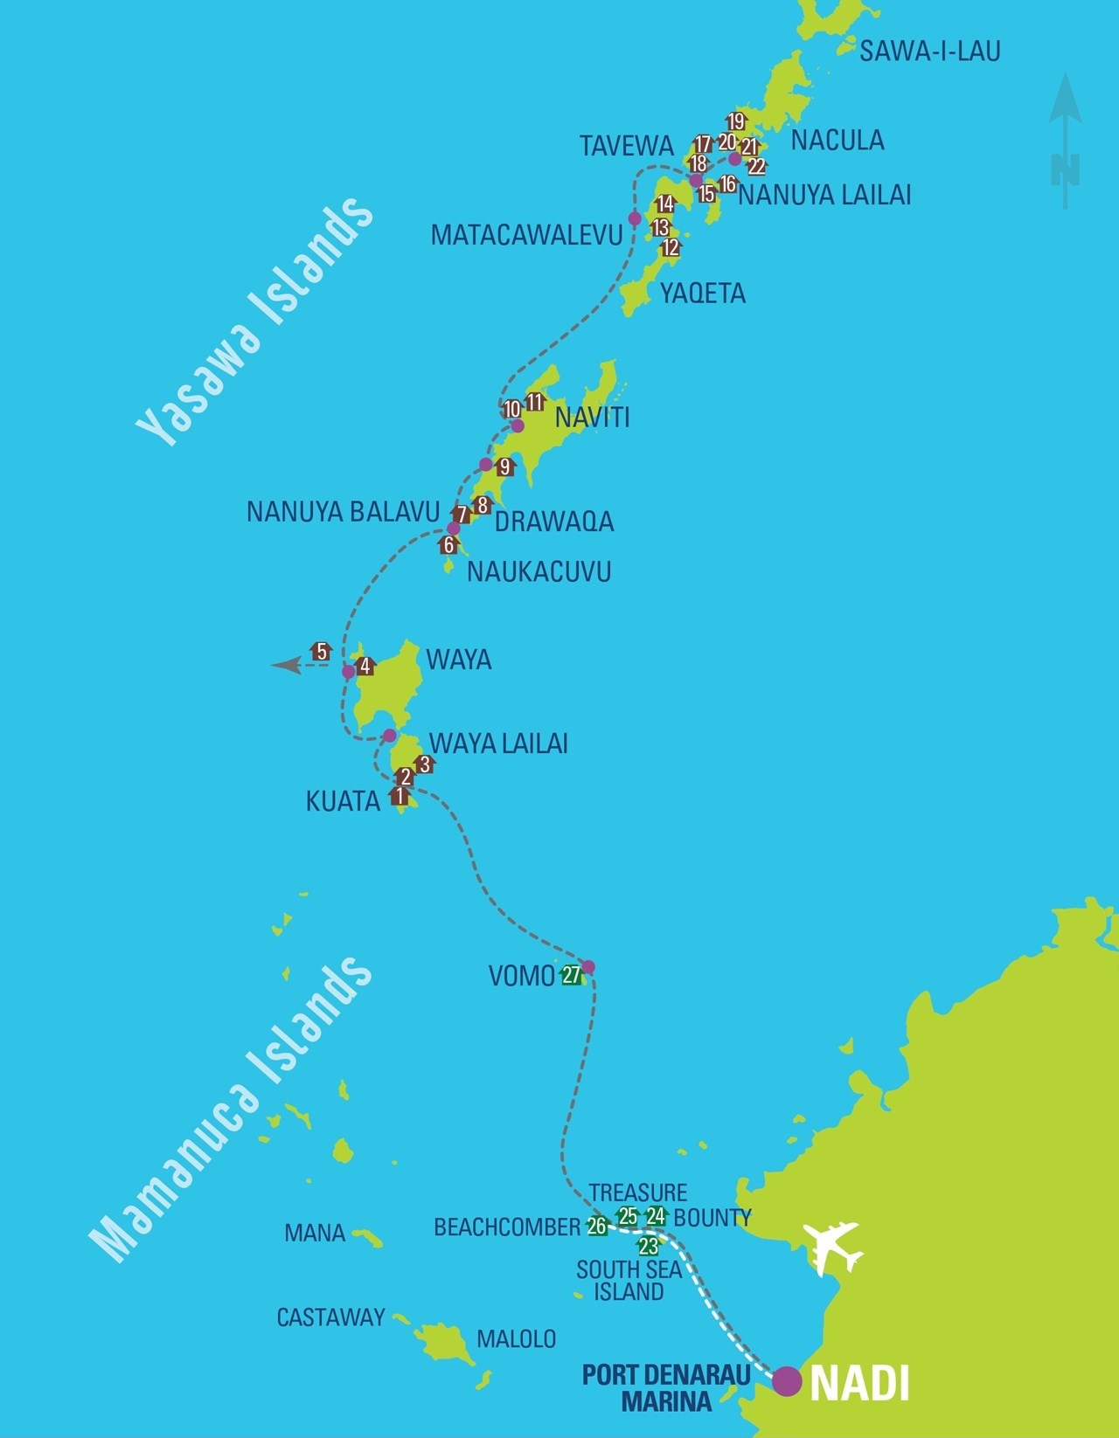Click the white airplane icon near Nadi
[x=834, y=1248]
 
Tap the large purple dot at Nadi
[x=787, y=1379]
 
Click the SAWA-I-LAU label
[x=929, y=52]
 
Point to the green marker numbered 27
[x=572, y=975]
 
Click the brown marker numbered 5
[x=321, y=651]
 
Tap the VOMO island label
[x=521, y=976]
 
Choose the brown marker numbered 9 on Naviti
[x=504, y=467]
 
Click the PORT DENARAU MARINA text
[x=666, y=1387]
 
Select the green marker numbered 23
[x=648, y=1246]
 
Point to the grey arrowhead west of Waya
[x=285, y=666]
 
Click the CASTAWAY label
[x=330, y=1317]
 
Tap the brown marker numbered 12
[x=671, y=247]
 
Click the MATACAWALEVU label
[x=526, y=234]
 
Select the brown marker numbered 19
[x=736, y=121]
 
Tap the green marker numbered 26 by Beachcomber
[x=597, y=1226]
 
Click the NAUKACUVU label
[x=539, y=571]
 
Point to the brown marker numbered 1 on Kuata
[x=400, y=796]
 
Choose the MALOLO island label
[x=516, y=1338]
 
